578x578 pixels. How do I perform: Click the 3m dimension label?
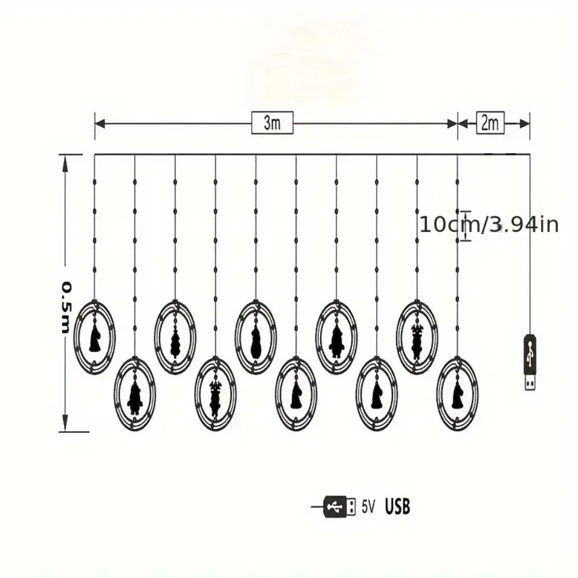(272, 123)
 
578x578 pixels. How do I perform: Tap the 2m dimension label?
(490, 123)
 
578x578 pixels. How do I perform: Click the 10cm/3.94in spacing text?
(489, 224)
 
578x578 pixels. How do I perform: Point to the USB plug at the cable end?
(530, 361)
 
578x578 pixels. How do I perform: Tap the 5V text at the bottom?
(368, 507)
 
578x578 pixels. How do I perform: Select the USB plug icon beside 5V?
(340, 507)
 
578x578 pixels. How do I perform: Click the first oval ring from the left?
(94, 337)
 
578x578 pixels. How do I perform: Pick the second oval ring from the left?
(135, 395)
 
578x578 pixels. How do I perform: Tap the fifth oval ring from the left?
(255, 337)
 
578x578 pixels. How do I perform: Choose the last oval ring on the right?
(457, 395)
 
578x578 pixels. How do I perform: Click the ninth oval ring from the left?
(417, 337)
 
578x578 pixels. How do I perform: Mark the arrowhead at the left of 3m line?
(99, 123)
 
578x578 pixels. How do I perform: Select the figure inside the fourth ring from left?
(216, 398)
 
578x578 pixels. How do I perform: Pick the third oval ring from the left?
(175, 337)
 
